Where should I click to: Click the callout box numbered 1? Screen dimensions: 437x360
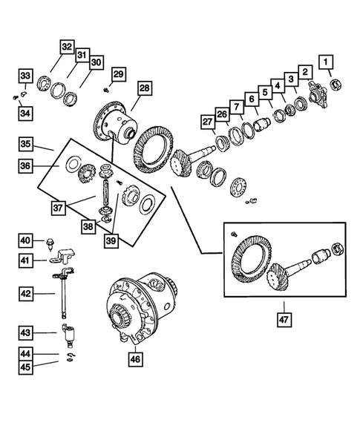(325, 61)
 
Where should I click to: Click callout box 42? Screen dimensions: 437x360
(26, 294)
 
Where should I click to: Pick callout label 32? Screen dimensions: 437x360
(67, 47)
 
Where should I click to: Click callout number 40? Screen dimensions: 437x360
(26, 240)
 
